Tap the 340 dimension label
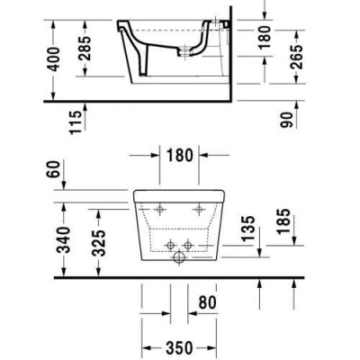(x=58, y=240)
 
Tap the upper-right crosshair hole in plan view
(x=199, y=210)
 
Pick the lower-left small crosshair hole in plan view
(x=168, y=246)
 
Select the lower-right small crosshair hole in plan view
(x=188, y=246)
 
